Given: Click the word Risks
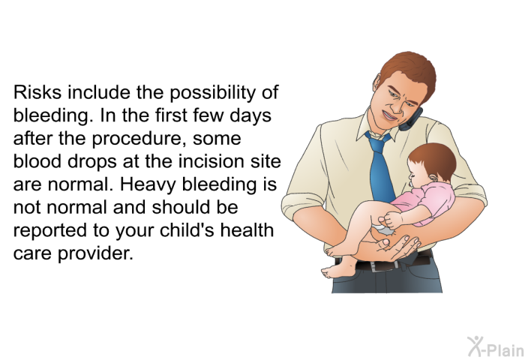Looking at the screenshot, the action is pos(37,92).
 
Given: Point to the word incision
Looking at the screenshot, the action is pos(211,161).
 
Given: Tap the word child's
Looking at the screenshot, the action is pos(187,229).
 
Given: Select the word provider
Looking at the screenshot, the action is pos(95,253).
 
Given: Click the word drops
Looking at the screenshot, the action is pos(92,162).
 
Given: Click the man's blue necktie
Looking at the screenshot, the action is pos(381,167).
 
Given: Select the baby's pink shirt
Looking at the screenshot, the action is pos(425,204).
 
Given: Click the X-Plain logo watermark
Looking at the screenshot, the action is pos(496,347).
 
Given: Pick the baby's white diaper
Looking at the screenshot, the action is pos(385,229).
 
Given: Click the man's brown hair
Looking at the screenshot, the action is pos(410,70).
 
